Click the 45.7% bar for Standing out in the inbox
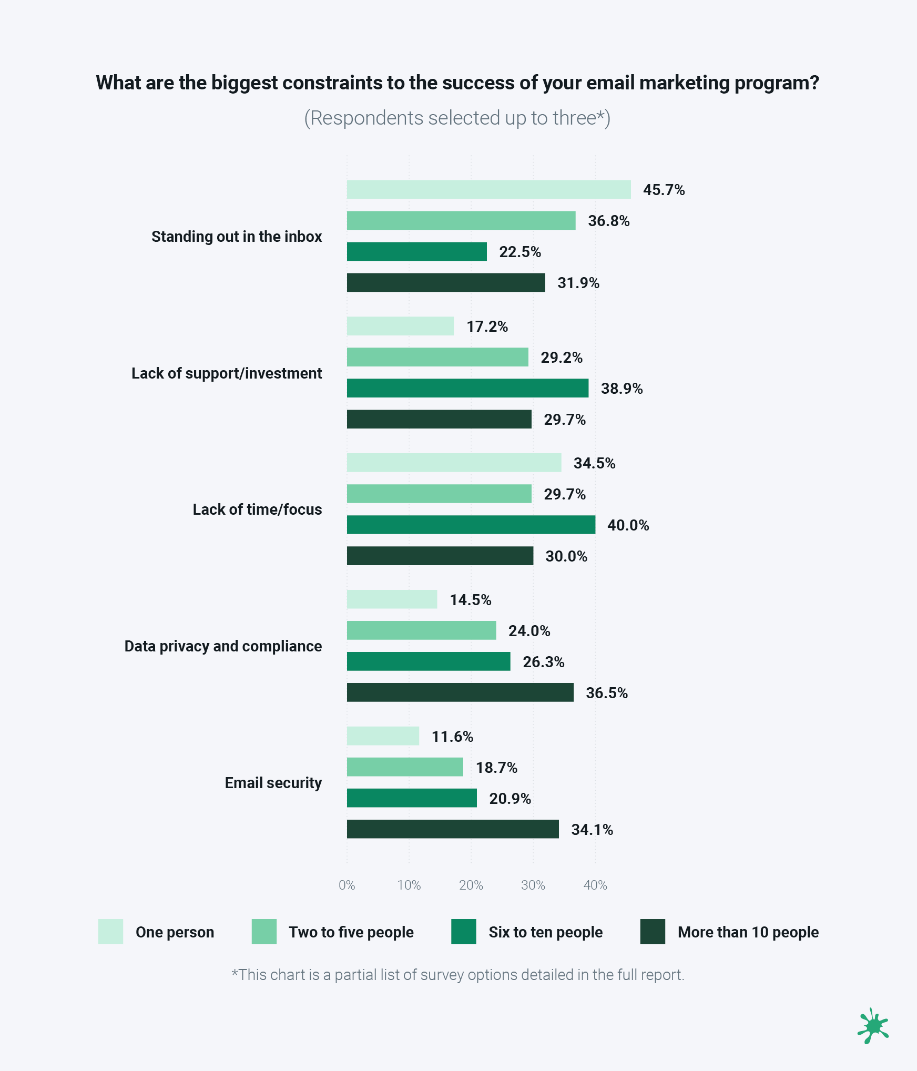click(488, 189)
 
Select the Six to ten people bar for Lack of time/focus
click(471, 525)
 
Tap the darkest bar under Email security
click(452, 829)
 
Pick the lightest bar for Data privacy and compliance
click(392, 599)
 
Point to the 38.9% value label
click(621, 389)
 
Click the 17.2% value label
click(487, 327)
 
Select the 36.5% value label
click(606, 693)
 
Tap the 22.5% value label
click(519, 252)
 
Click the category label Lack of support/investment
click(227, 373)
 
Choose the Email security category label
click(273, 783)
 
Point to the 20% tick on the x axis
click(471, 885)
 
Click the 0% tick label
click(347, 885)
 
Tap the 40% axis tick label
click(595, 885)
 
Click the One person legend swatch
click(110, 932)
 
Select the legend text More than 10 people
click(748, 932)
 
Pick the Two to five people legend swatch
click(264, 932)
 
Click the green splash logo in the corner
click(873, 1026)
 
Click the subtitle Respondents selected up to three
click(457, 118)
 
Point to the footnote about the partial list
click(457, 975)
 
